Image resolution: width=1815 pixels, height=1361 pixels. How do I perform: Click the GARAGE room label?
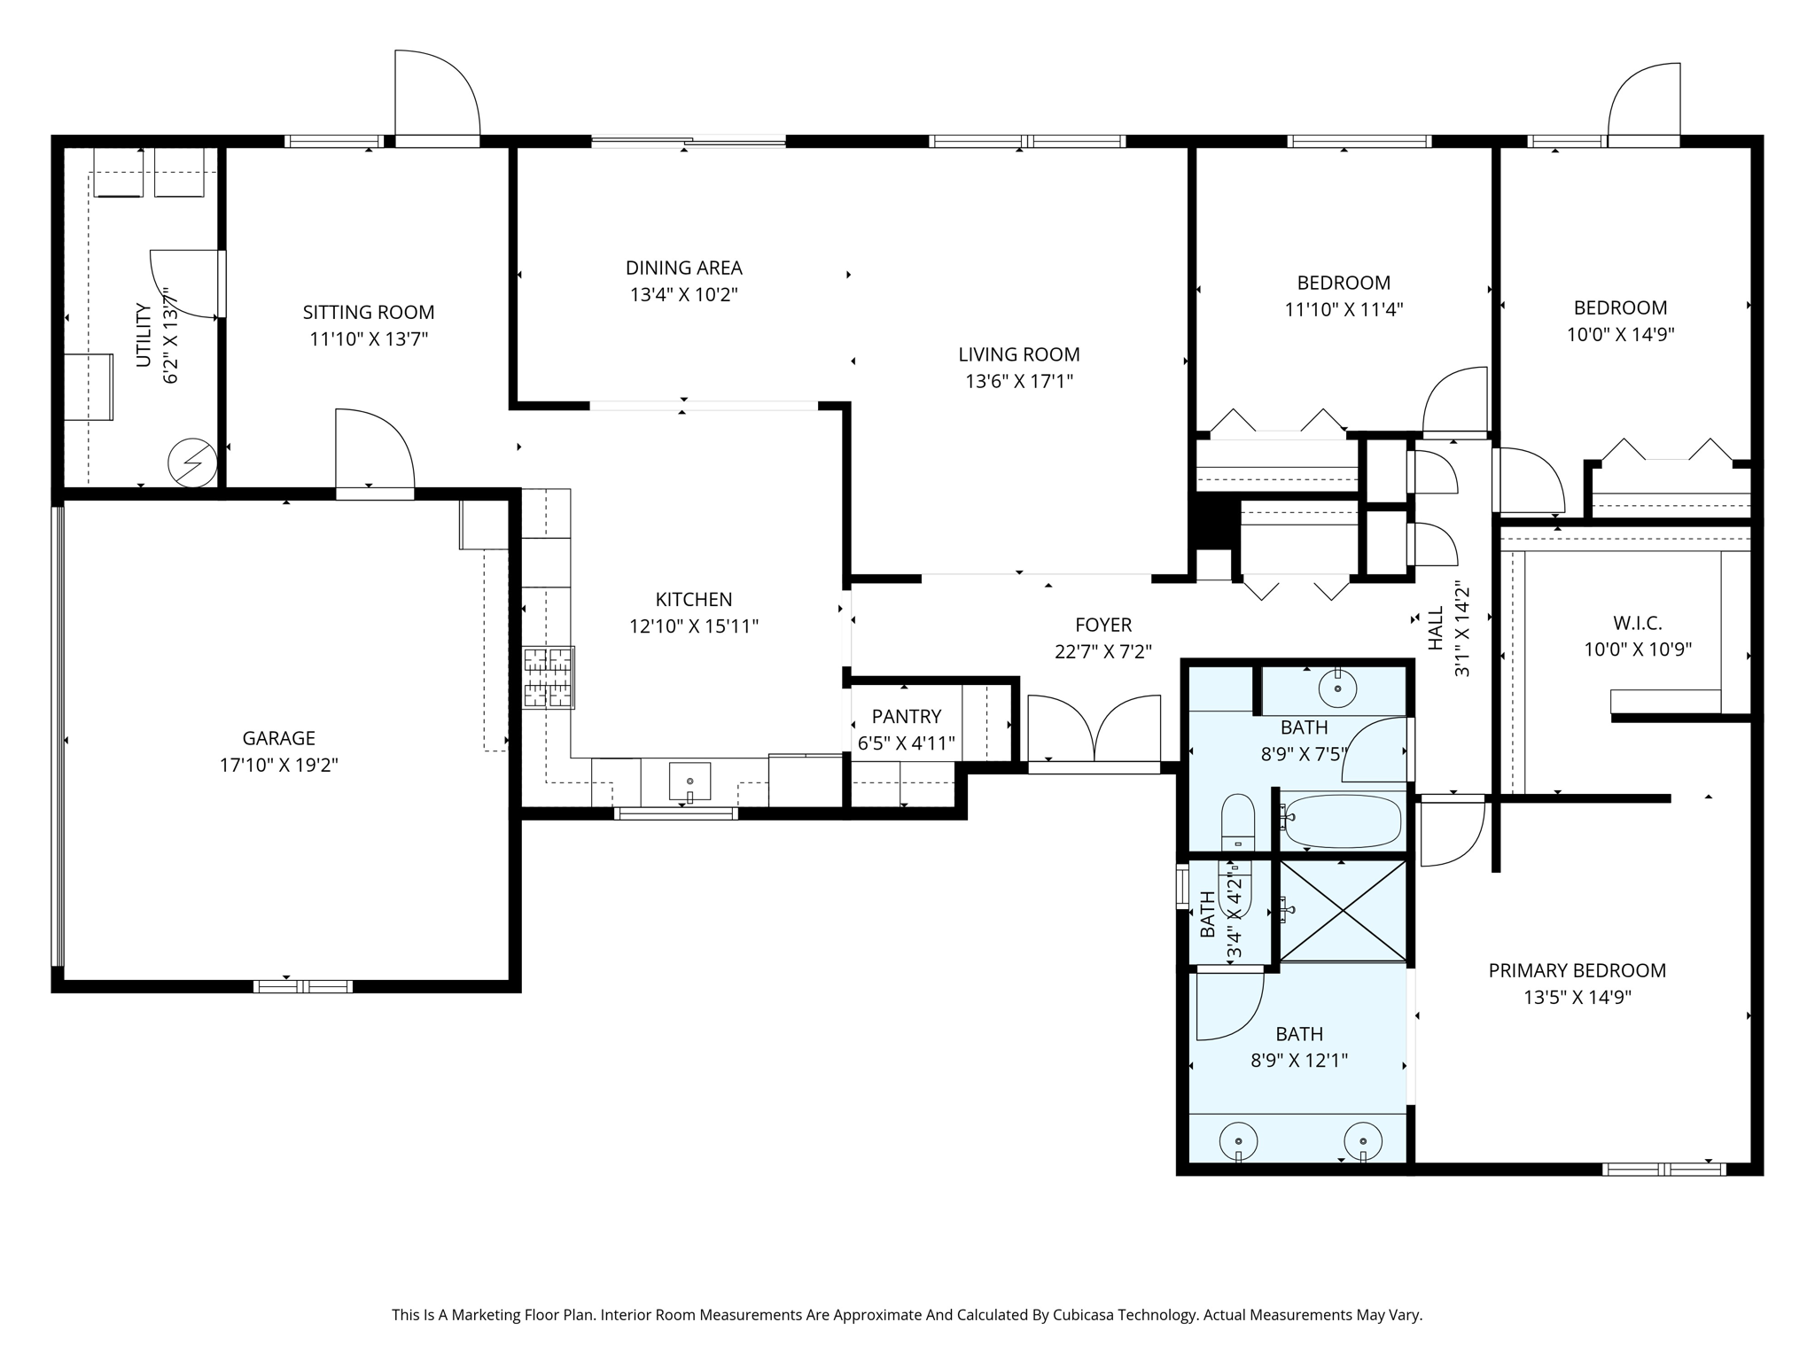(x=278, y=738)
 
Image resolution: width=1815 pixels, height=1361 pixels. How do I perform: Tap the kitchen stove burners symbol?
(x=549, y=678)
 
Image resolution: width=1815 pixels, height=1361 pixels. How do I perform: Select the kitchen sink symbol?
(x=689, y=781)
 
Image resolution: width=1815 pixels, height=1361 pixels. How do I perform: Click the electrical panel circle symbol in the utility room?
(x=192, y=463)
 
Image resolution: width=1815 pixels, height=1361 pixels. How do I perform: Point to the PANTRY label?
(x=907, y=716)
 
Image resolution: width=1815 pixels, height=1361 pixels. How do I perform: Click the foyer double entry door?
(x=1094, y=728)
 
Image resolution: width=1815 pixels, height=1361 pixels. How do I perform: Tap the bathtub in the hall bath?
(x=1343, y=821)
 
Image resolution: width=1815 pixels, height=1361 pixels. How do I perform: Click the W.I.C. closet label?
(x=1638, y=624)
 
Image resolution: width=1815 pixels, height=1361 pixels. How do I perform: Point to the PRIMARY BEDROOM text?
(x=1577, y=970)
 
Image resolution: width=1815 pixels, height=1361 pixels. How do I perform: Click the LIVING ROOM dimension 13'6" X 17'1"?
(x=1019, y=381)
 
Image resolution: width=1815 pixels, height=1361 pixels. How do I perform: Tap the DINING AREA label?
(x=684, y=268)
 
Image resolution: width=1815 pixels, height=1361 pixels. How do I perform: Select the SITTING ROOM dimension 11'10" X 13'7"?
(x=369, y=338)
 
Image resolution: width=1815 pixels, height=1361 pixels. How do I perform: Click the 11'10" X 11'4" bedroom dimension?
(x=1344, y=309)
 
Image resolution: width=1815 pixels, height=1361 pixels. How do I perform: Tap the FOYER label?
(x=1103, y=625)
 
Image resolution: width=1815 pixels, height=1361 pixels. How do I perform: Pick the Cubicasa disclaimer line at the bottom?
(x=907, y=1315)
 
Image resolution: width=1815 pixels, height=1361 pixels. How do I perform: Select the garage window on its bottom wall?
(x=303, y=986)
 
